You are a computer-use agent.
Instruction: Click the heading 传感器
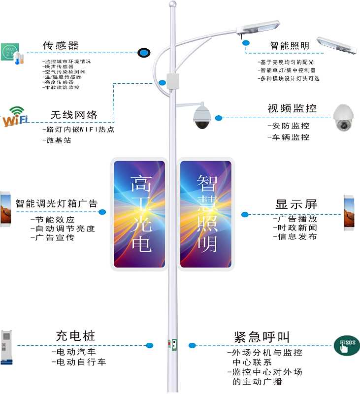pyautogui.click(x=61, y=46)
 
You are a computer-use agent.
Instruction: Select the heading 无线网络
pyautogui.click(x=74, y=115)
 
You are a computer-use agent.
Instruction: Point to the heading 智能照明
pyautogui.click(x=290, y=46)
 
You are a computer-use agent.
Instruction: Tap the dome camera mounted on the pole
pyautogui.click(x=202, y=117)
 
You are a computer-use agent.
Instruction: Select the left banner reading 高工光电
pyautogui.click(x=140, y=214)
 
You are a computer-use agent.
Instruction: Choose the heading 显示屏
pyautogui.click(x=296, y=204)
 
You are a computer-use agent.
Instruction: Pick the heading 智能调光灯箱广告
pyautogui.click(x=56, y=203)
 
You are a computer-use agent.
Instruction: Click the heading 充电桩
pyautogui.click(x=75, y=336)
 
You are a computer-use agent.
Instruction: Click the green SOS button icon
pyautogui.click(x=347, y=345)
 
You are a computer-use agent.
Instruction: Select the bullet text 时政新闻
pyautogui.click(x=295, y=228)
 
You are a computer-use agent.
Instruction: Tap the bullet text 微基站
pyautogui.click(x=57, y=141)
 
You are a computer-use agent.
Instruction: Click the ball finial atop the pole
pyautogui.click(x=171, y=4)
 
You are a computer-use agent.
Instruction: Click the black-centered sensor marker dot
pyautogui.click(x=144, y=52)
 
